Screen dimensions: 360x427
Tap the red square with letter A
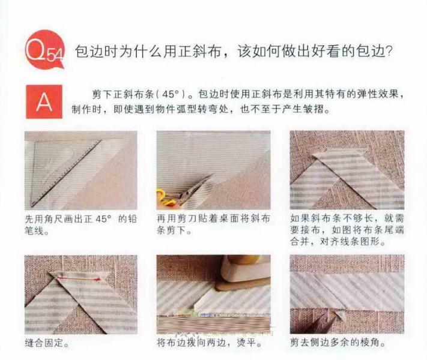44,101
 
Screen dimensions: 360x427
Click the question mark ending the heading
388,52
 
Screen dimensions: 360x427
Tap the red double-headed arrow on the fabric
78,279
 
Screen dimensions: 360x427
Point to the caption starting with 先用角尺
80,224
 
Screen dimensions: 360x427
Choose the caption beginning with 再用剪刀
213,224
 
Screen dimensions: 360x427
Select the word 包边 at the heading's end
370,52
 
